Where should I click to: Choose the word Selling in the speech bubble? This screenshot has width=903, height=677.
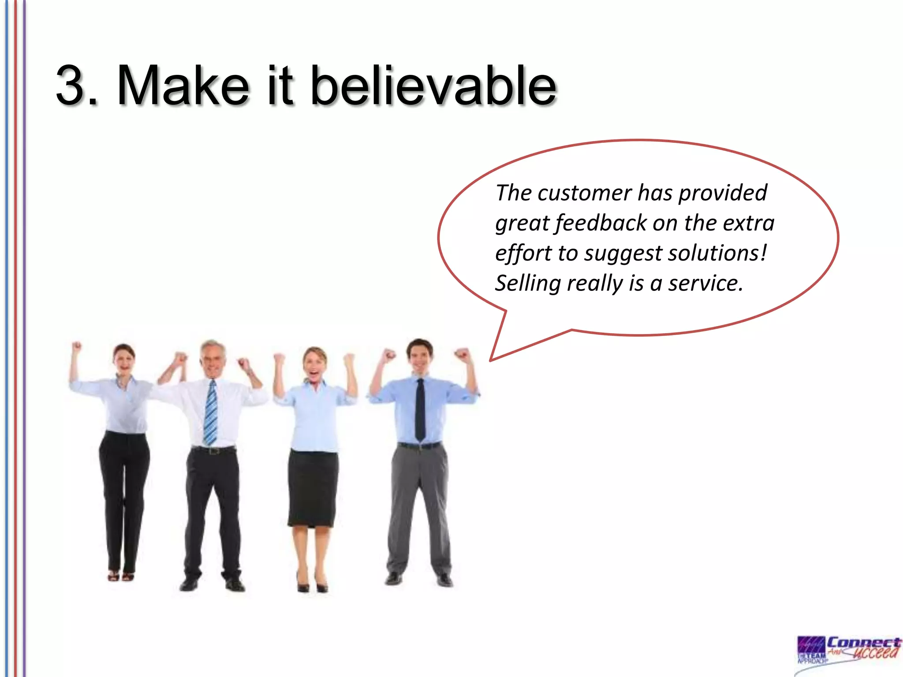(528, 283)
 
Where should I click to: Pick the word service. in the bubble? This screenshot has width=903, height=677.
(705, 283)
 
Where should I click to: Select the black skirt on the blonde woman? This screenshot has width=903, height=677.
(313, 487)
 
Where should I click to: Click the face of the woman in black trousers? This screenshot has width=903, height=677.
(124, 359)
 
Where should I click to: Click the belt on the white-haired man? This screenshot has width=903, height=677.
(213, 450)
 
